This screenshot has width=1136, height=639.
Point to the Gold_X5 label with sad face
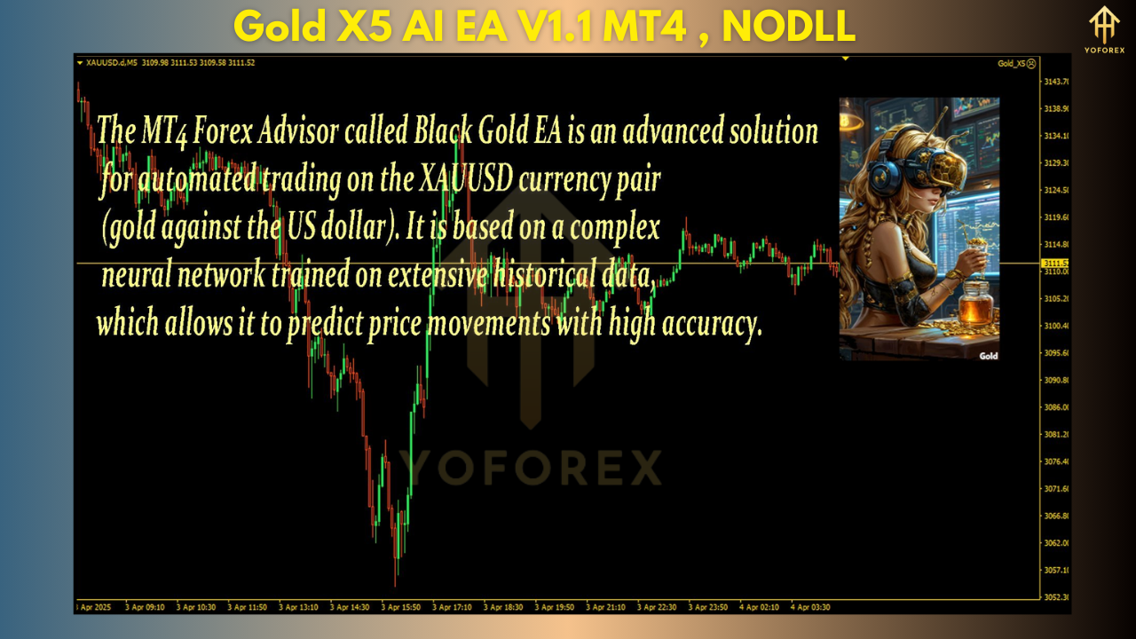(1016, 64)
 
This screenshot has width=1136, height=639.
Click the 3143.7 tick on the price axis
(1056, 82)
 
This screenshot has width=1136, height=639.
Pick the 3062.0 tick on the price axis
(1056, 542)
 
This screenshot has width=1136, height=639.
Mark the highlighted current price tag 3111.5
(1056, 263)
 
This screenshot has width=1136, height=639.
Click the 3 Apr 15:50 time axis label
(401, 608)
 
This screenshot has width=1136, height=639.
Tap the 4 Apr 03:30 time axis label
(812, 608)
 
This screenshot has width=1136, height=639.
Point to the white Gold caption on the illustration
(988, 356)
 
